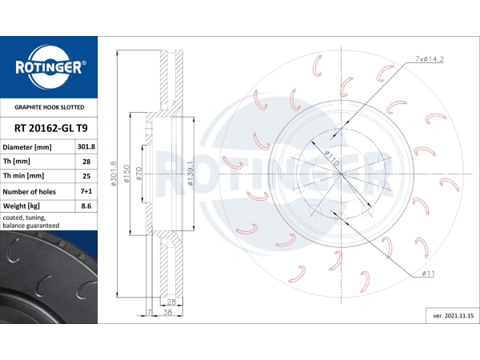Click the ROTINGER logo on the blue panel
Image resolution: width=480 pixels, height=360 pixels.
click(x=49, y=67)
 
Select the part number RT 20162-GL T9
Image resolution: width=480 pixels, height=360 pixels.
click(x=51, y=128)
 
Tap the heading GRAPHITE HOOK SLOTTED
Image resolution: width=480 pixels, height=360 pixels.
click(x=50, y=107)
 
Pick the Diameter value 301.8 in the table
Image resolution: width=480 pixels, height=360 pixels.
click(x=86, y=146)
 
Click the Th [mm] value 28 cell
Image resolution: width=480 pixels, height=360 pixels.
click(x=86, y=162)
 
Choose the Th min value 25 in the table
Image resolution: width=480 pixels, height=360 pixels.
click(x=86, y=176)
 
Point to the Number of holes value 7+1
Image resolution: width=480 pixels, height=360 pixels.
click(x=86, y=191)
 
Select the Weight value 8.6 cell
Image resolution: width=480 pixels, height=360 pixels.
click(x=86, y=206)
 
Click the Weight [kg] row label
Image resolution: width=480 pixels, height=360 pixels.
click(x=22, y=206)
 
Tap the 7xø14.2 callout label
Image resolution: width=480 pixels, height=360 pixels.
click(x=429, y=59)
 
